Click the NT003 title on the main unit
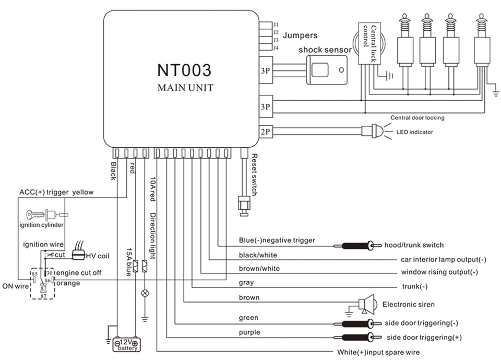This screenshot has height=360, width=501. pyautogui.click(x=184, y=70)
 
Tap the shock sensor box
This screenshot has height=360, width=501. pyautogui.click(x=327, y=70)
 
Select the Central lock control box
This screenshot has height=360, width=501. pyautogui.click(x=369, y=43)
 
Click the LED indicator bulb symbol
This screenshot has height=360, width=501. pyautogui.click(x=373, y=131)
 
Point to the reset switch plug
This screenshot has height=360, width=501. pyautogui.click(x=244, y=206)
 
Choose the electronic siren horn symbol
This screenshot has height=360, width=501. pyautogui.click(x=366, y=304)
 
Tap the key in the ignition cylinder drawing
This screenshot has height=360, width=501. pyautogui.click(x=35, y=214)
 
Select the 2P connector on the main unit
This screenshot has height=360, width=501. pyautogui.click(x=266, y=131)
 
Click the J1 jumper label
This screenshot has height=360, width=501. pyautogui.click(x=276, y=25)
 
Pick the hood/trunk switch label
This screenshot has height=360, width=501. pyautogui.click(x=414, y=245)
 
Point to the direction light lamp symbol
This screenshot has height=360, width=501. pyautogui.click(x=145, y=293)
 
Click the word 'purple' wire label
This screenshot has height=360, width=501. pyautogui.click(x=249, y=332)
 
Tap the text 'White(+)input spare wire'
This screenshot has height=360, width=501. pyautogui.click(x=378, y=352)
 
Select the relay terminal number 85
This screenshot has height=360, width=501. pyautogui.click(x=34, y=274)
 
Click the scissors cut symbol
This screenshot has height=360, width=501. pyautogui.click(x=50, y=255)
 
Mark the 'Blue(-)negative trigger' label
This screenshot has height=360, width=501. pyautogui.click(x=277, y=240)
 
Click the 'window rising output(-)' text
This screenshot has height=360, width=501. pyautogui.click(x=439, y=272)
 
